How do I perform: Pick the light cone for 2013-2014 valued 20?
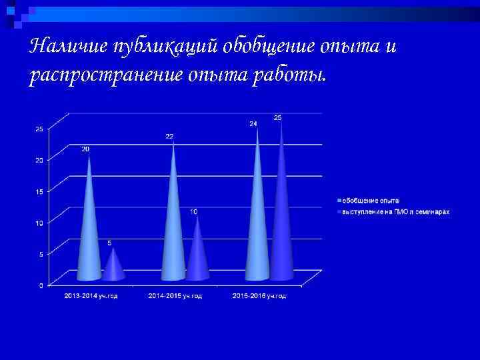click(89, 227)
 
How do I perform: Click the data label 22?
click(169, 137)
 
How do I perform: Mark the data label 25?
click(277, 118)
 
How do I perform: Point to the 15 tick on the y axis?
click(39, 191)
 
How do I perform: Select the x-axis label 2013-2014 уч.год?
click(91, 296)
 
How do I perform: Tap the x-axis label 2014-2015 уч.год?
click(175, 296)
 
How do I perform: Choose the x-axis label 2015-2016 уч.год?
click(259, 296)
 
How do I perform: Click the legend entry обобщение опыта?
click(371, 201)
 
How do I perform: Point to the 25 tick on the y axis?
click(39, 129)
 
